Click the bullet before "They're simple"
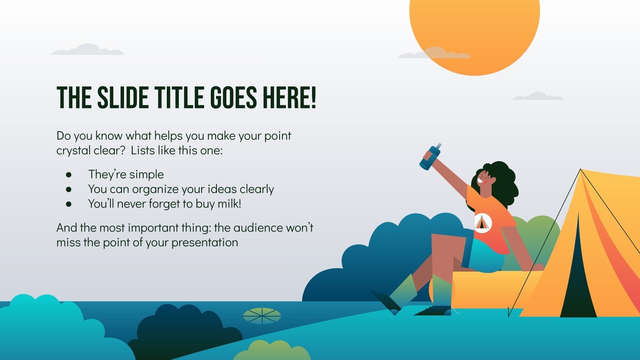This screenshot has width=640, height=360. point(69,175)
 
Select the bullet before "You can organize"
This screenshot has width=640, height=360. point(69,189)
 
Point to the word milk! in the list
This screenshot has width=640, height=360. point(229,204)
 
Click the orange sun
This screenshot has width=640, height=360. point(474,28)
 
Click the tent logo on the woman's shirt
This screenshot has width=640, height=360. point(482,223)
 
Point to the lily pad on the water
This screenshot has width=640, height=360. point(262,316)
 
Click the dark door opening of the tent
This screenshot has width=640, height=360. point(578,280)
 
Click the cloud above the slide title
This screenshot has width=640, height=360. point(88,50)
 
